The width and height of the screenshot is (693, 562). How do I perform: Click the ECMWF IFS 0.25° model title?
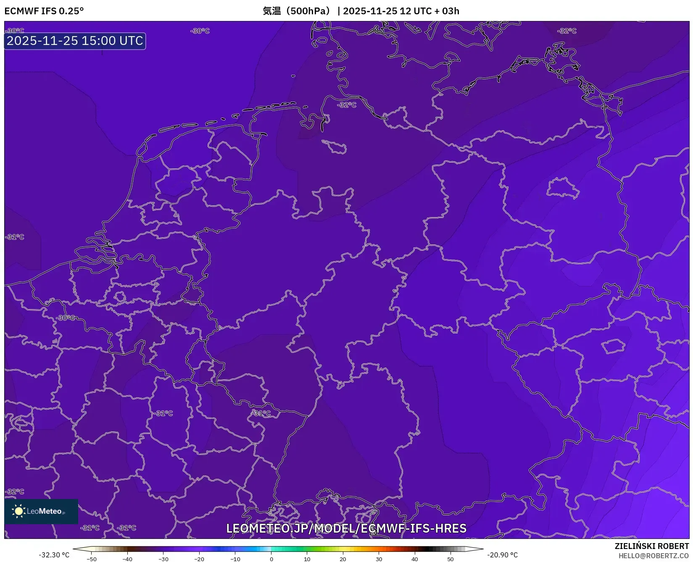coord(44,11)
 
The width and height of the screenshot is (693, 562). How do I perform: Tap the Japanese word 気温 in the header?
coord(271,11)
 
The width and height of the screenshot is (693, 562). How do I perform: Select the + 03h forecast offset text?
coord(446,11)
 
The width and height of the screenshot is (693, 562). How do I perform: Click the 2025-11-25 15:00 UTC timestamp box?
coord(75,41)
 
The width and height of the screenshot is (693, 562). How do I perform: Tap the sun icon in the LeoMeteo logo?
coord(18,511)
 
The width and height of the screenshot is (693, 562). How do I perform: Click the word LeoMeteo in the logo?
coord(45,511)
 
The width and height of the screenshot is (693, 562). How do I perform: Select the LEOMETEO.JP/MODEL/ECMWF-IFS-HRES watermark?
coord(346,528)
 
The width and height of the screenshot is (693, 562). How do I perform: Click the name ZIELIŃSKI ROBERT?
coord(652,546)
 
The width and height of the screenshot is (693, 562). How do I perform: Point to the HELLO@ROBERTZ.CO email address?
coord(653,556)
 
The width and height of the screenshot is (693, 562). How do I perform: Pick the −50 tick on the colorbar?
coord(92,559)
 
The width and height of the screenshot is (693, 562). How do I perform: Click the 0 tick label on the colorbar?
coord(271,559)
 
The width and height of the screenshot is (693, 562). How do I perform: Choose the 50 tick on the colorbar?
coord(451,559)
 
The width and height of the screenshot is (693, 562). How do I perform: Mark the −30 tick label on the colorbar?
coord(163,559)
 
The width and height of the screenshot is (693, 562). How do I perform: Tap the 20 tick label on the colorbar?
coord(343,559)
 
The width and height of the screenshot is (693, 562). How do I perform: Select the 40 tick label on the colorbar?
coord(415,559)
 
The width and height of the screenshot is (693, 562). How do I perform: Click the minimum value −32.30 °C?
coord(54,555)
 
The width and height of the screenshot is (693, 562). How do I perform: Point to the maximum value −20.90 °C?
coord(503,555)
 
